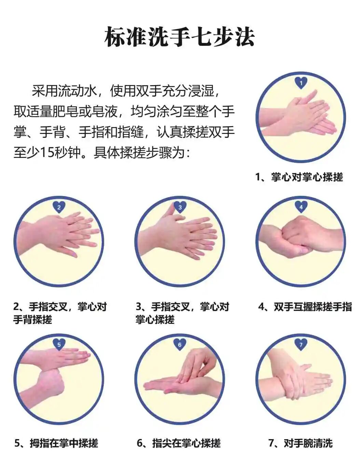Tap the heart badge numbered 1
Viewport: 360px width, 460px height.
tap(301, 83)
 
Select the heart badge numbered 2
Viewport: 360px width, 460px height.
tap(59, 207)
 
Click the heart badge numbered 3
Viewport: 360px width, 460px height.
tap(180, 207)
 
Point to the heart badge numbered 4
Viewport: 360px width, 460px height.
tap(301, 207)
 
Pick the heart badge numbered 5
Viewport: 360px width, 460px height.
tap(59, 344)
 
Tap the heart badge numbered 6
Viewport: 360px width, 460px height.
tap(180, 344)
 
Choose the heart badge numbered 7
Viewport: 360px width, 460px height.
tap(301, 344)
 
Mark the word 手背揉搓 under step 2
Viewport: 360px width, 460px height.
tap(33, 320)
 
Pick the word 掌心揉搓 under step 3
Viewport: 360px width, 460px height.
tap(155, 320)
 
